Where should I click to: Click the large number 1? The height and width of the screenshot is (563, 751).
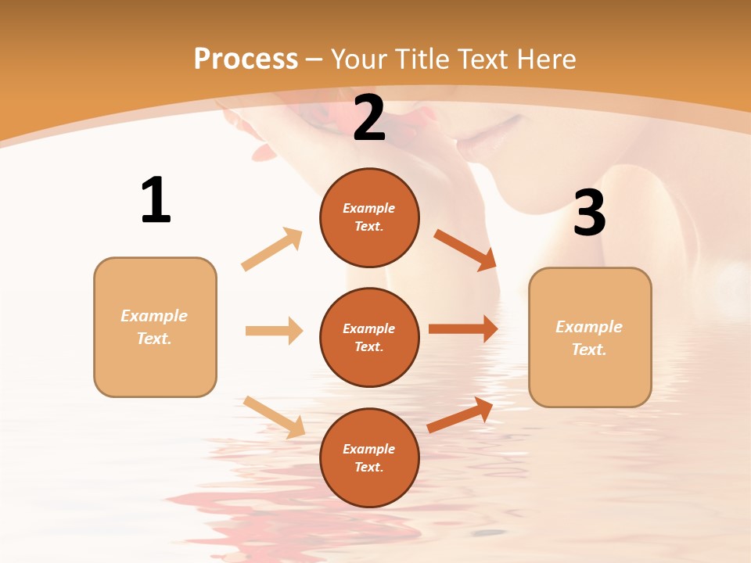click(x=156, y=200)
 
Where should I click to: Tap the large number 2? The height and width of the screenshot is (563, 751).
click(x=369, y=119)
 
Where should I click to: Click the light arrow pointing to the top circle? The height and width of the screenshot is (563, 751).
click(x=272, y=249)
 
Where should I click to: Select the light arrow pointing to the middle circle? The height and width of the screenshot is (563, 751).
click(x=274, y=331)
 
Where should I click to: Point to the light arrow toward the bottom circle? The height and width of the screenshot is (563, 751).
click(x=274, y=417)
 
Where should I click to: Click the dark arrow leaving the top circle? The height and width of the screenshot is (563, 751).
click(x=465, y=249)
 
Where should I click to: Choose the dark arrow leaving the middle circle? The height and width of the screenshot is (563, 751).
click(x=463, y=328)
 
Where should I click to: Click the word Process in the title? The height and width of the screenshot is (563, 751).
click(x=246, y=59)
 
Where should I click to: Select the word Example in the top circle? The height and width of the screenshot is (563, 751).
click(x=369, y=208)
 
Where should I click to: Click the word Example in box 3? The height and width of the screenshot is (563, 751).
click(x=589, y=327)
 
